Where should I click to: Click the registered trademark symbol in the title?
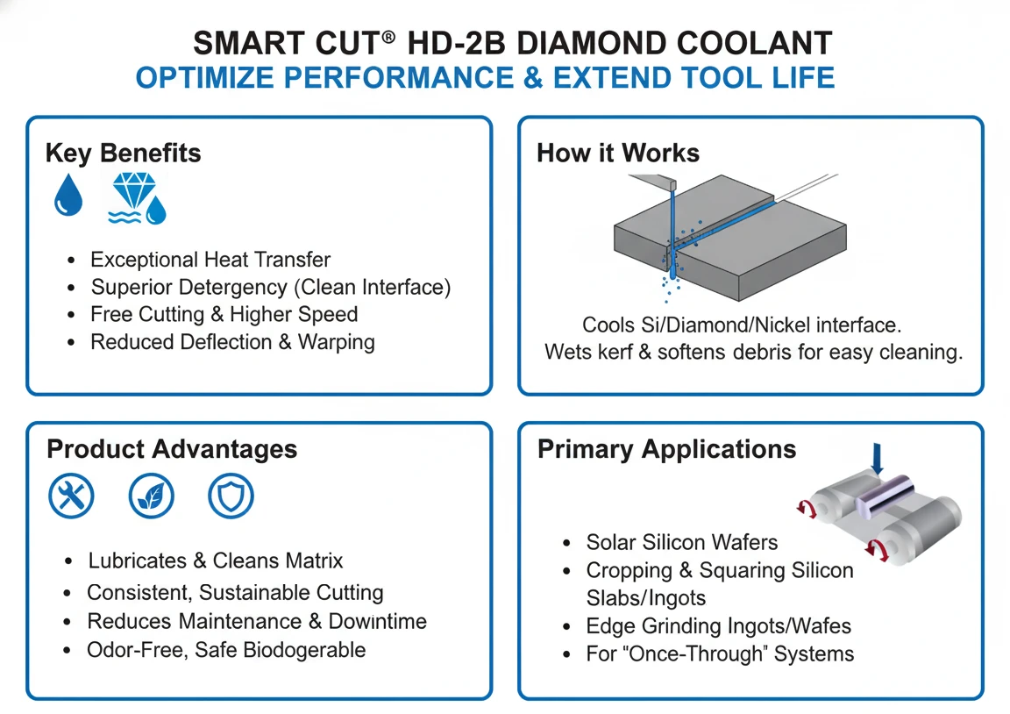pyautogui.click(x=388, y=37)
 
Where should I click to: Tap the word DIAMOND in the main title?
pyautogui.click(x=591, y=43)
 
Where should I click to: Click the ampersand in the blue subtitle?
pyautogui.click(x=533, y=78)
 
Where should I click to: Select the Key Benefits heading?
pyautogui.click(x=123, y=154)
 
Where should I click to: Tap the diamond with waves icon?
pyautogui.click(x=137, y=198)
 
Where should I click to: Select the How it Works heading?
pyautogui.click(x=618, y=154)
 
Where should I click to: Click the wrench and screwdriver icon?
pyautogui.click(x=71, y=496)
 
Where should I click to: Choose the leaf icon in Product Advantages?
pyautogui.click(x=151, y=496)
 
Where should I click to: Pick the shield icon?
pyautogui.click(x=231, y=496)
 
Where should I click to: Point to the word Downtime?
pyautogui.click(x=378, y=621)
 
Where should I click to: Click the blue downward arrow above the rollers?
pyautogui.click(x=877, y=459)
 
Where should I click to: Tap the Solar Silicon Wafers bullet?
pyautogui.click(x=682, y=543)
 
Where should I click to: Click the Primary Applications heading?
pyautogui.click(x=666, y=449)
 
